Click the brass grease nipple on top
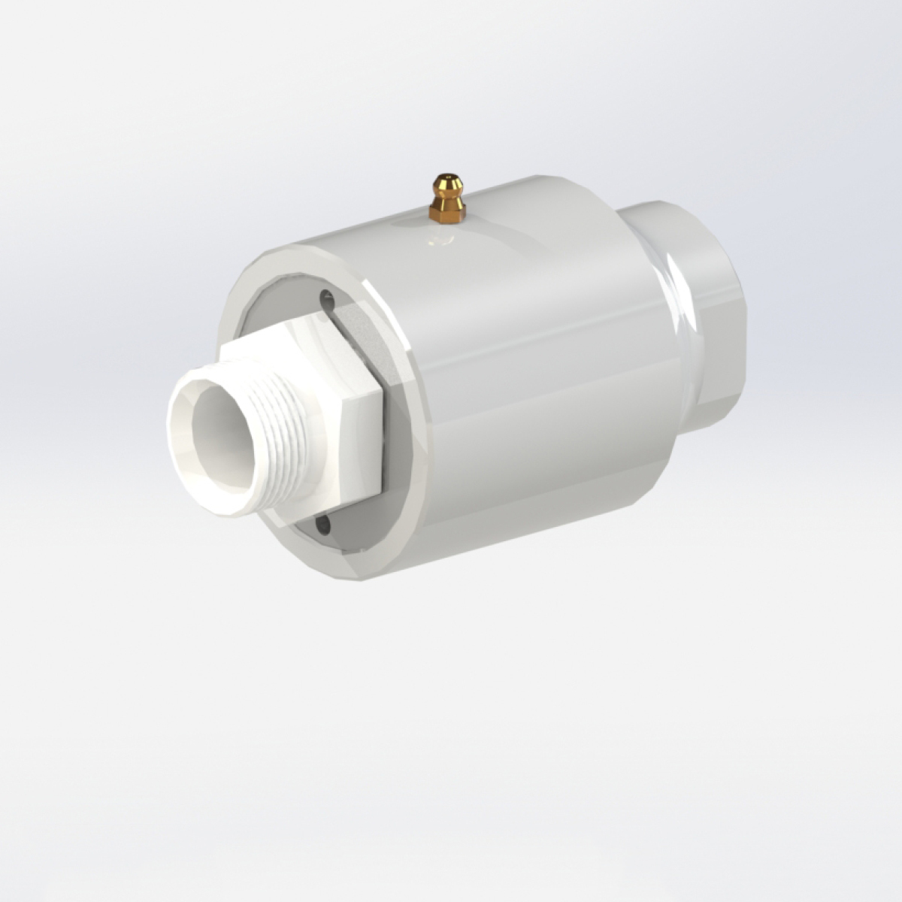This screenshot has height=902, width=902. click(x=446, y=200)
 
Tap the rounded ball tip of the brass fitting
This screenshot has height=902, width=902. click(x=446, y=183)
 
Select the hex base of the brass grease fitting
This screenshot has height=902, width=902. click(x=447, y=214)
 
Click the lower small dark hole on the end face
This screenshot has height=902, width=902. click(x=323, y=521)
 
